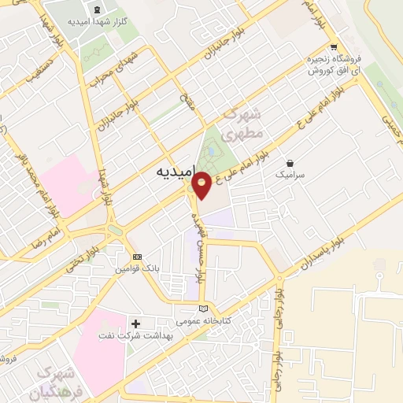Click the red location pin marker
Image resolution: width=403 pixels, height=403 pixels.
202,184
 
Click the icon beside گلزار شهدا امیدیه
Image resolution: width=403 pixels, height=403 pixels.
97,9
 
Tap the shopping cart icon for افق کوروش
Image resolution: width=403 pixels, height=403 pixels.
334,46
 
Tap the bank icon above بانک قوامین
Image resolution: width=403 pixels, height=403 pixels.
138,257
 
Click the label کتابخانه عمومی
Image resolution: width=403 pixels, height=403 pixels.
204,320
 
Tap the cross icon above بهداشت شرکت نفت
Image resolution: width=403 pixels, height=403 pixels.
136,324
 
